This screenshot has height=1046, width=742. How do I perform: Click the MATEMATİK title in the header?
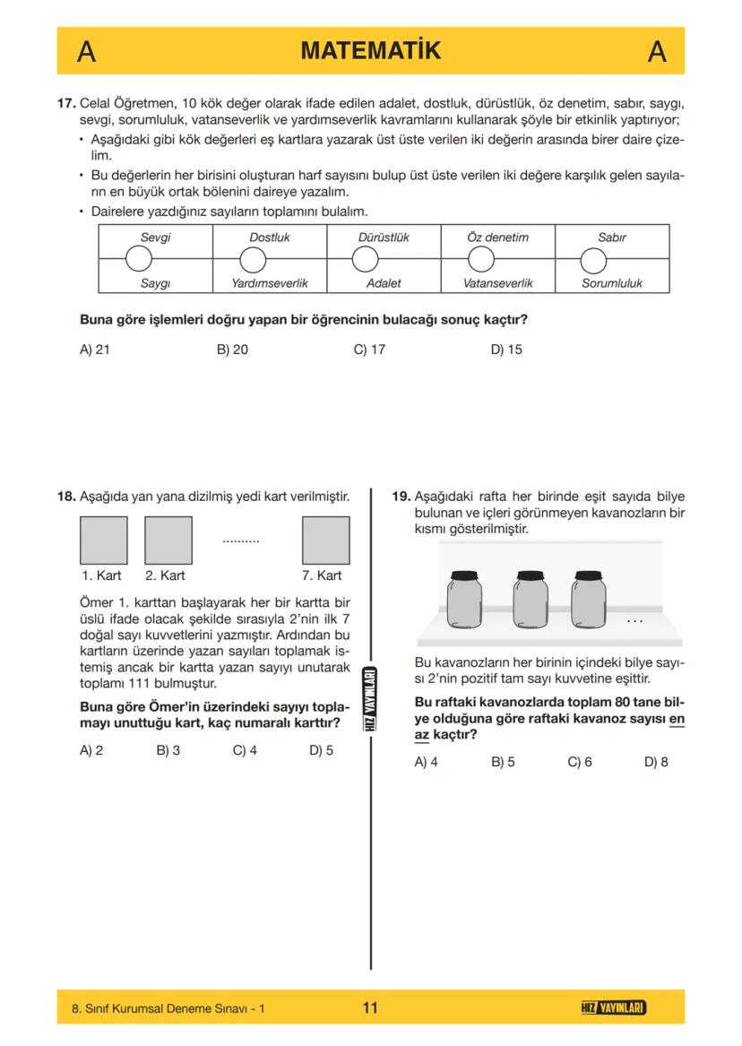[370, 51]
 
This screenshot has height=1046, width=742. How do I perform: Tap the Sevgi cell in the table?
[155, 238]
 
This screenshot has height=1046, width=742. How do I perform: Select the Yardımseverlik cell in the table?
[269, 282]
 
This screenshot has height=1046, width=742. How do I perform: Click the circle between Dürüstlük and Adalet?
[365, 260]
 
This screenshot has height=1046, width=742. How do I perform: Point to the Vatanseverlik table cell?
[497, 282]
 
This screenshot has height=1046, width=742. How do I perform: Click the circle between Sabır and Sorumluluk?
[593, 260]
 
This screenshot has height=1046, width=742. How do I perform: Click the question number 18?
[66, 496]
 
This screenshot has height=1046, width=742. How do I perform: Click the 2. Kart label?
[165, 575]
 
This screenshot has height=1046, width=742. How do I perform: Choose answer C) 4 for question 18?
[245, 750]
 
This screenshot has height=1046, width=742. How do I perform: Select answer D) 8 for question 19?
[656, 763]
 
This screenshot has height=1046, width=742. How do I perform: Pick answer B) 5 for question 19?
[503, 763]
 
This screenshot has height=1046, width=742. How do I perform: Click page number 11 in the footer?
[370, 1007]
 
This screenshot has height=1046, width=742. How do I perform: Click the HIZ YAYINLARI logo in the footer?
[613, 1008]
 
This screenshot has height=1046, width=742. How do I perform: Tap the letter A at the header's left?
[86, 52]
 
